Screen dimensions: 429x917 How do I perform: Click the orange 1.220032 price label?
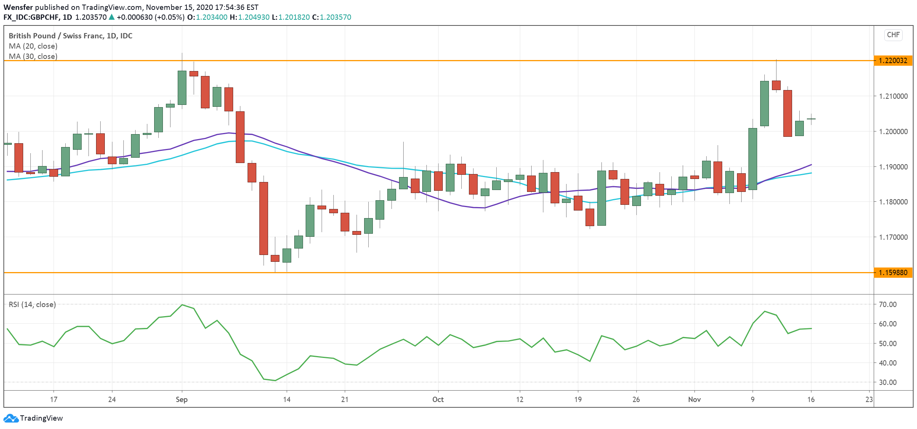click(x=893, y=60)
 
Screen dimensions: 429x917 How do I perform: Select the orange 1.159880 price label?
click(x=893, y=272)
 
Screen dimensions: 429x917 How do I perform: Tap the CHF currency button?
click(x=893, y=35)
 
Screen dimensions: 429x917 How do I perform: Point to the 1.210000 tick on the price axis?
click(x=893, y=96)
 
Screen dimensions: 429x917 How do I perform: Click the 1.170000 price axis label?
click(x=893, y=237)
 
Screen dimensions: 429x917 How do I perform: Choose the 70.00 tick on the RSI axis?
click(x=887, y=304)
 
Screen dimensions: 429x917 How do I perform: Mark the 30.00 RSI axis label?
click(x=887, y=382)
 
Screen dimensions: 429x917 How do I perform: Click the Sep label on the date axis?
click(x=182, y=399)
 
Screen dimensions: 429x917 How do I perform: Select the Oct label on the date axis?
click(x=438, y=399)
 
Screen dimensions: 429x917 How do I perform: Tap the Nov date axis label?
click(x=694, y=399)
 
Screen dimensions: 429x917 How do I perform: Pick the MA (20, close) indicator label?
click(x=33, y=46)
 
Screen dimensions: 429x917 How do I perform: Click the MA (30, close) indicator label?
click(x=33, y=56)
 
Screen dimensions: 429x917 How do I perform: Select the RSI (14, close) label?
click(x=32, y=304)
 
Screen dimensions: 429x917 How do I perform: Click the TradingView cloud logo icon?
click(x=11, y=418)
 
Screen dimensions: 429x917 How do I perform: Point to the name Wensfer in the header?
click(x=18, y=7)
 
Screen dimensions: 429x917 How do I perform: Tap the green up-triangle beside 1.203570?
click(x=112, y=17)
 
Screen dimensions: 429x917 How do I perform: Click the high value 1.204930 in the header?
click(x=254, y=17)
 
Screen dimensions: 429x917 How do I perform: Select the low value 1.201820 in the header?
click(x=294, y=17)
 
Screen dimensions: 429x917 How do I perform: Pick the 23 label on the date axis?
click(x=869, y=399)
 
